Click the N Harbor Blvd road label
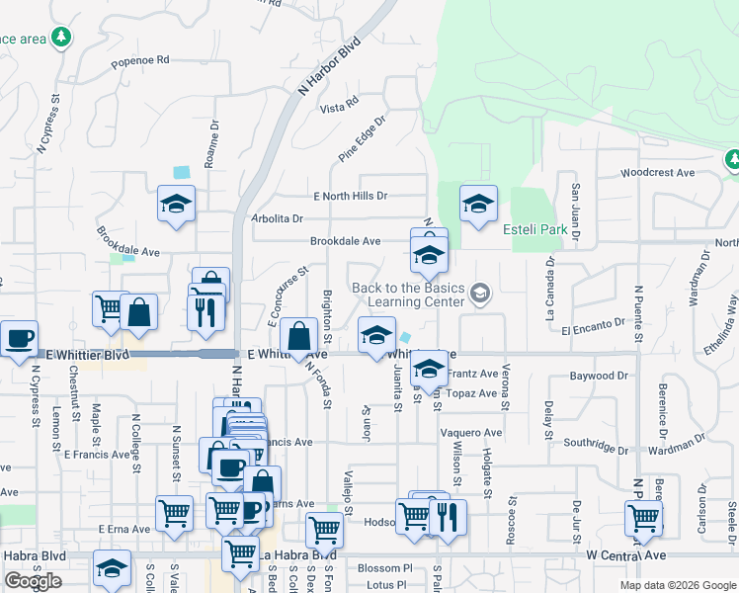(330, 67)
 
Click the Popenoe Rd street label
(140, 60)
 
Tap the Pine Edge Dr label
(361, 138)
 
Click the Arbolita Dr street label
(277, 218)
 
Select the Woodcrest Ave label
(657, 173)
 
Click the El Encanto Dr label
(594, 323)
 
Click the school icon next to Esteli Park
(478, 206)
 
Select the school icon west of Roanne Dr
(176, 205)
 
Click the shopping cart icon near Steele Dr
(643, 517)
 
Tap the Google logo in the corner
(33, 581)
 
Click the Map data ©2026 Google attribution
(678, 585)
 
